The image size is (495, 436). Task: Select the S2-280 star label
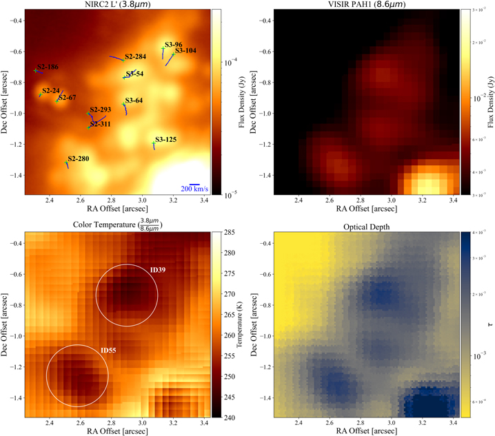[x=79, y=159]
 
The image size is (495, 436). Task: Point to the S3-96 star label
[x=173, y=44]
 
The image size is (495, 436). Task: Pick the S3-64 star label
[x=134, y=101]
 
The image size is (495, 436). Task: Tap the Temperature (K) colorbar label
[x=241, y=324]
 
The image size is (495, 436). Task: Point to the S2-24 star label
[x=51, y=90]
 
